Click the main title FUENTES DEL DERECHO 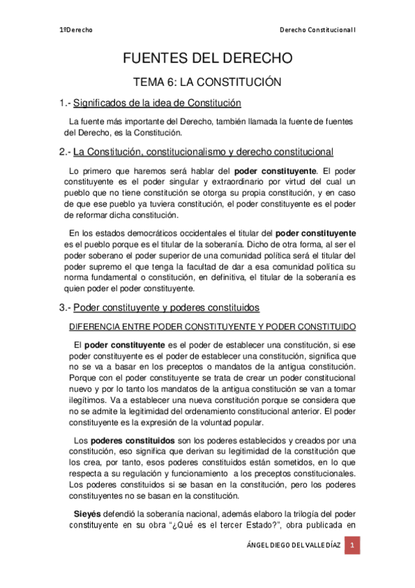(x=207, y=58)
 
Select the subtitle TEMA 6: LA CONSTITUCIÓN (x=207, y=82)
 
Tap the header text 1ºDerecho (x=76, y=30)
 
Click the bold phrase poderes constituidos (x=123, y=440)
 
